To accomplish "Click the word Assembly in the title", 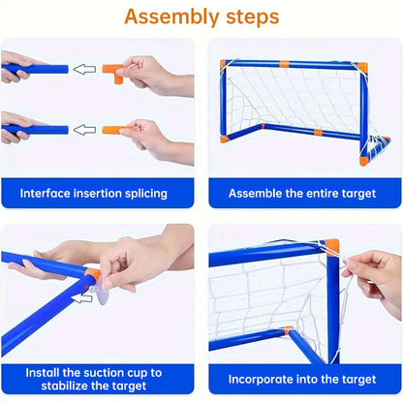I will tap(168, 16).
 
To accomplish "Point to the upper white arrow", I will tap(86, 69).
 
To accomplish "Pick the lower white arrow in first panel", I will tap(86, 128).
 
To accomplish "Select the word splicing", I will tap(141, 193).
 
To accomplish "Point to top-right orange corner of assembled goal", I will tap(360, 66).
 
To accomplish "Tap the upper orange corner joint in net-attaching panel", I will tap(329, 247).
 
